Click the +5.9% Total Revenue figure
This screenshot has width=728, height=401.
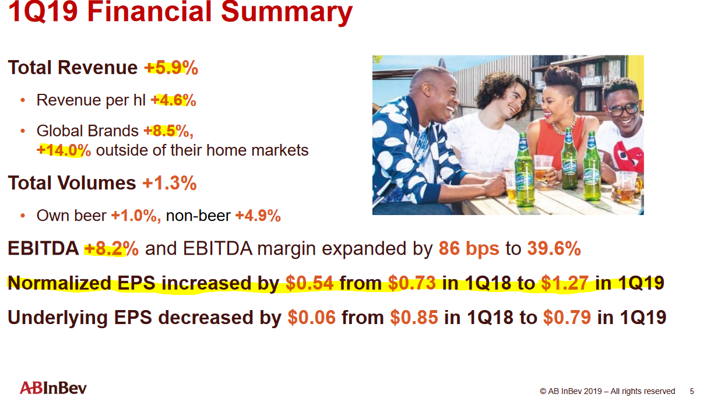pos(171,68)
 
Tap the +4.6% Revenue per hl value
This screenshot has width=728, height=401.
pos(174,100)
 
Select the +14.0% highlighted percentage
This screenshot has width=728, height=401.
pos(64,150)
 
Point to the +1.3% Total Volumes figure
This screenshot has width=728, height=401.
pos(170,182)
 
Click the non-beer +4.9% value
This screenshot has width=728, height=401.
pos(258,216)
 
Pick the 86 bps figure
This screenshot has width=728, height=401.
pos(469,249)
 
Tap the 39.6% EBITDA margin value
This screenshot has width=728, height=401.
pos(554,249)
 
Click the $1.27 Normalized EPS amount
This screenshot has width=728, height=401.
pos(565,283)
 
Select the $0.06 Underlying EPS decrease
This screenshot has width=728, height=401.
pos(312,317)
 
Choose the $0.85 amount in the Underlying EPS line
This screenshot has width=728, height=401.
pos(414,317)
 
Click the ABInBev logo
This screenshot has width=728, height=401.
pos(53,388)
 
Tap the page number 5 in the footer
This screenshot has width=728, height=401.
pos(692,391)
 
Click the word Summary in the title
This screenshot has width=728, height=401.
pos(287,12)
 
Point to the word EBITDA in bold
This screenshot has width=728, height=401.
pos(43,249)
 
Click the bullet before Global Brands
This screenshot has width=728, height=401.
pos(23,131)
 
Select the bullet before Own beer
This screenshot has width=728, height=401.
pos(23,216)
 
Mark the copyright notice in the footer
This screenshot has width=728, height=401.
pos(607,391)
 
